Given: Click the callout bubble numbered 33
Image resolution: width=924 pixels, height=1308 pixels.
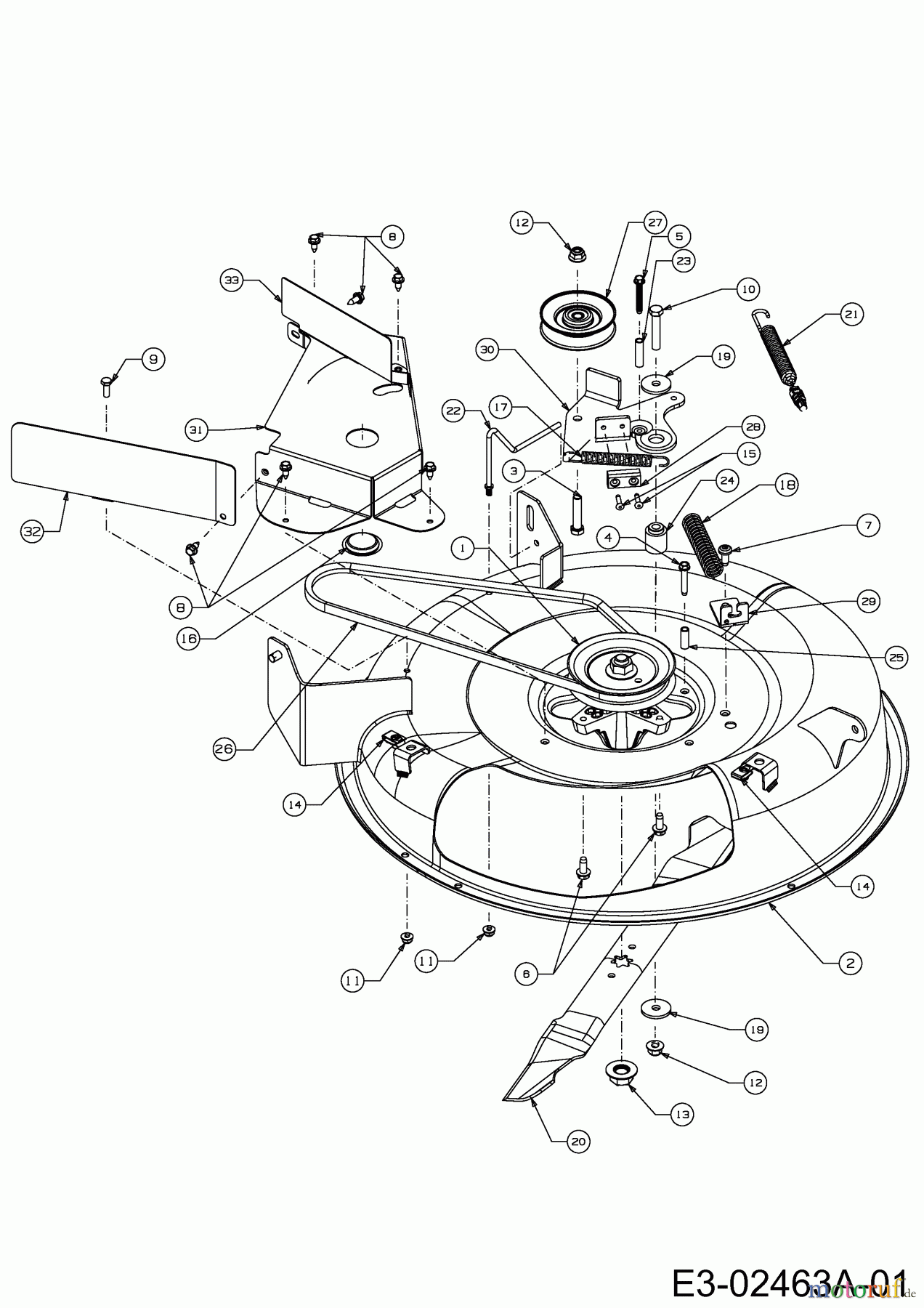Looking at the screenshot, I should (x=232, y=280).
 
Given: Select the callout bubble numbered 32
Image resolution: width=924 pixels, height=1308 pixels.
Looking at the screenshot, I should (x=32, y=531).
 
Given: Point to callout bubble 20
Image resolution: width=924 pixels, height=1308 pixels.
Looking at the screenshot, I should (x=577, y=1142).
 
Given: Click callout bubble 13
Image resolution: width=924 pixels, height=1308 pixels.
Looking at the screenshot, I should (x=682, y=1114).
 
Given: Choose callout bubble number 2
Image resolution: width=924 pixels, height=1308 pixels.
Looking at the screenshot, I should (x=850, y=963).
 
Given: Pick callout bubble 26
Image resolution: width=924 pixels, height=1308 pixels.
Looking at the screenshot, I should (x=225, y=749).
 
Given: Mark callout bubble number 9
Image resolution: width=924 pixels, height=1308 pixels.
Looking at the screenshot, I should (x=153, y=358).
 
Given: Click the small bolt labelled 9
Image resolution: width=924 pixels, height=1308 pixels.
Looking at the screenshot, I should (x=106, y=385).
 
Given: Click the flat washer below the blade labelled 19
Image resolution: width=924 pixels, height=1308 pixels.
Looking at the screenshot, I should (x=656, y=1009).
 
